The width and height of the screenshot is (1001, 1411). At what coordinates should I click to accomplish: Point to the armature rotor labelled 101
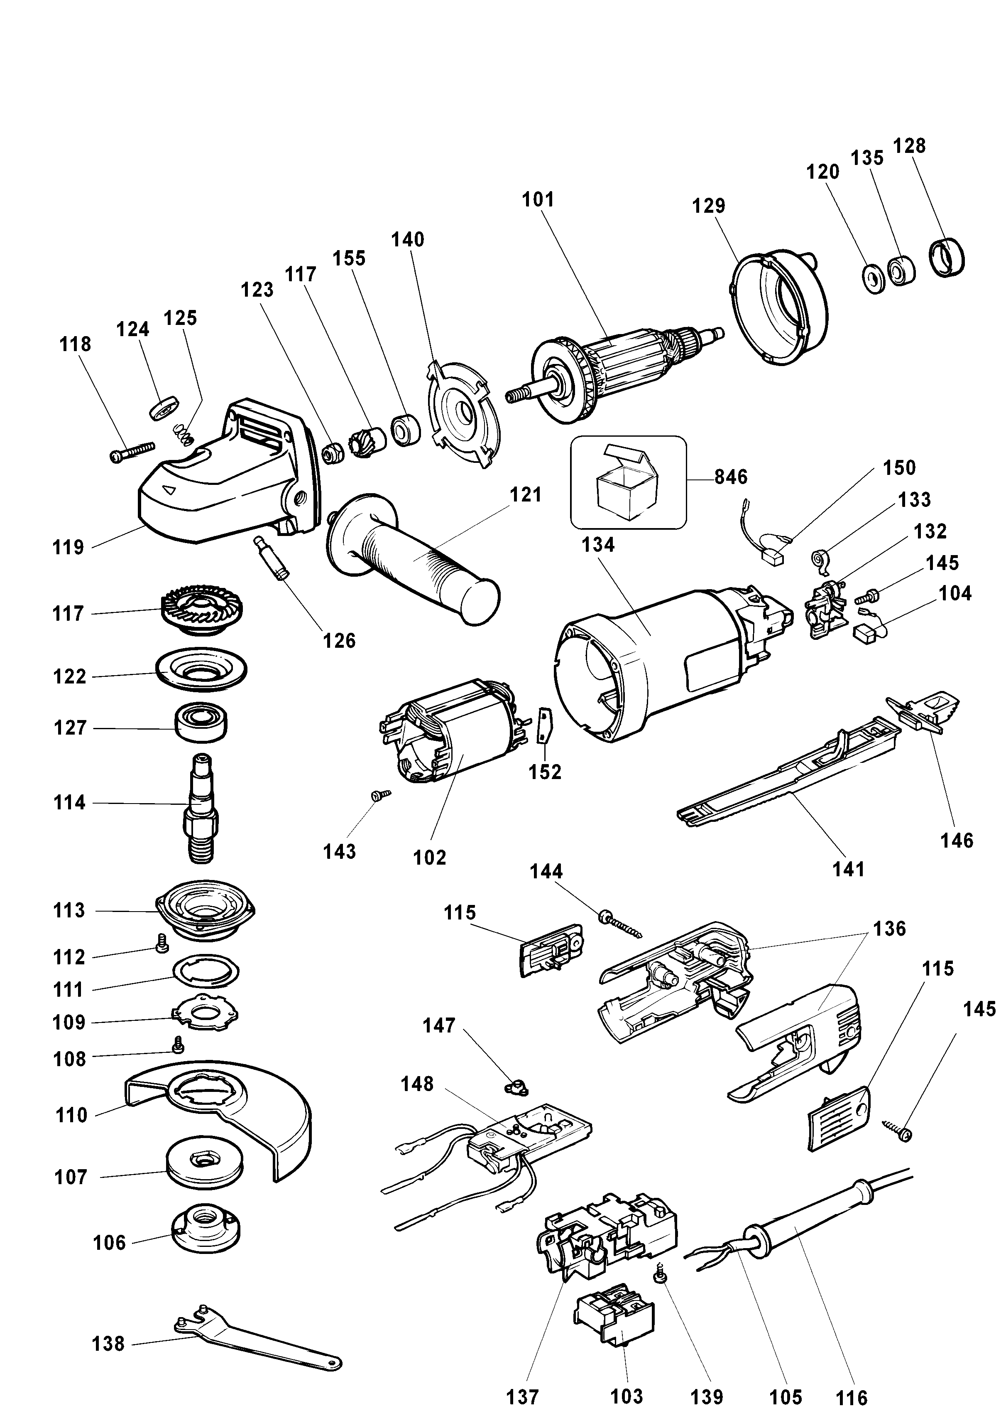point(617,370)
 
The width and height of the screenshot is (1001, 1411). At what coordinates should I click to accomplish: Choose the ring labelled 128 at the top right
point(946,257)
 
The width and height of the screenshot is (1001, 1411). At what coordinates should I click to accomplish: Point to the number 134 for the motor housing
point(599,545)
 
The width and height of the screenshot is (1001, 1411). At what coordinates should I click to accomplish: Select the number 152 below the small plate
point(545,772)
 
